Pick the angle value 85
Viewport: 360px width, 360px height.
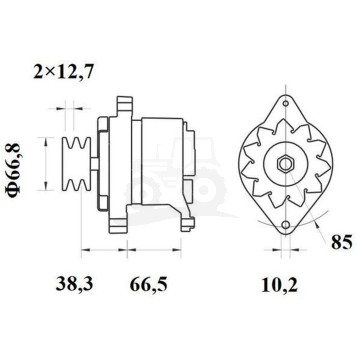point(340,240)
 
